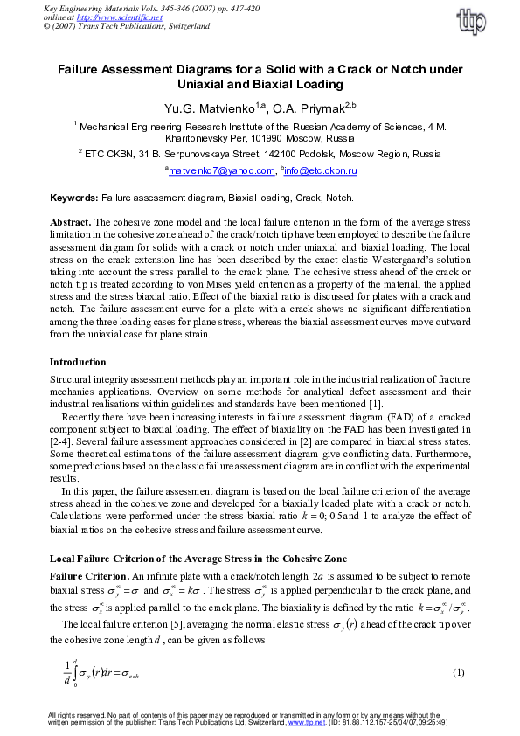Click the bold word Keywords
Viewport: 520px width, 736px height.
click(x=73, y=198)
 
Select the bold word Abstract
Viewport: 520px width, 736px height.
click(x=69, y=223)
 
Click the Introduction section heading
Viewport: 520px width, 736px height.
click(x=80, y=362)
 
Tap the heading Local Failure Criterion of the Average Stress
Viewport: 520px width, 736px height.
click(x=198, y=558)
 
